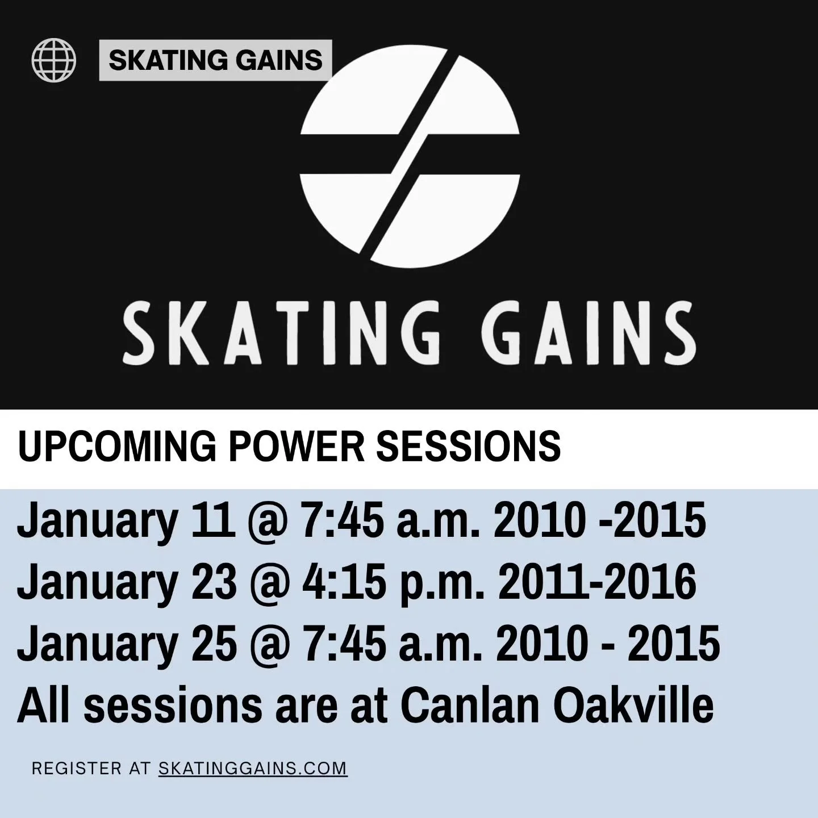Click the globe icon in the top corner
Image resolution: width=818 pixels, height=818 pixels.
pyautogui.click(x=54, y=59)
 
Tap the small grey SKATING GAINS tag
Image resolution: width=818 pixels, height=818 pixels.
pyautogui.click(x=215, y=60)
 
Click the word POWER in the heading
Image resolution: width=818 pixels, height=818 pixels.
pyautogui.click(x=295, y=446)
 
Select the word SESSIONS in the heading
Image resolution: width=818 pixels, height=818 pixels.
pyautogui.click(x=469, y=446)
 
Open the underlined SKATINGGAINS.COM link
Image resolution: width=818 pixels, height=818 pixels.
pyautogui.click(x=253, y=769)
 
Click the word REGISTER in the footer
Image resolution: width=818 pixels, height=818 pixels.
pyautogui.click(x=76, y=769)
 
